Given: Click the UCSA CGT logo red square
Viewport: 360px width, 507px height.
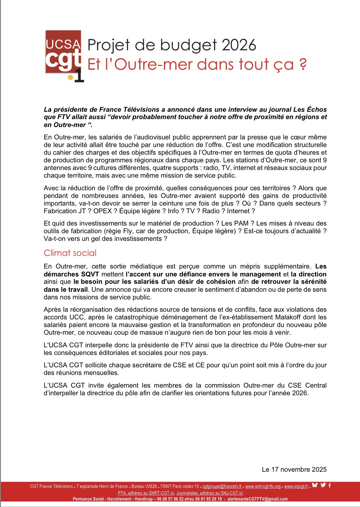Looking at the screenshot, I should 63,52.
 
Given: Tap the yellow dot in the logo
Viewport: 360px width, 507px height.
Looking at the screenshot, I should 70,77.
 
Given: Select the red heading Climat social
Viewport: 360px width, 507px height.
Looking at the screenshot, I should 70,253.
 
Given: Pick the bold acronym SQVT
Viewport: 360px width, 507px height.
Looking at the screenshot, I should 90,274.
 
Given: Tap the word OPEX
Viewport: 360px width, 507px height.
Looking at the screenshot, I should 102,211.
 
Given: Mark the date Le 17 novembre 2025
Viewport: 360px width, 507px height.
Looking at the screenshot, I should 294,469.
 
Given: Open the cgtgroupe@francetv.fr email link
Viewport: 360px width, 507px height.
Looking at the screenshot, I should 222,486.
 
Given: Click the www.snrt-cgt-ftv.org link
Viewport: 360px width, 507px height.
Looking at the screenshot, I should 263,486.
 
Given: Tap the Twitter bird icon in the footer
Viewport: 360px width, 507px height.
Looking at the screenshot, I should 323,485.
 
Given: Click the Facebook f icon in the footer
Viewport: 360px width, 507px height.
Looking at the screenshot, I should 329,485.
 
